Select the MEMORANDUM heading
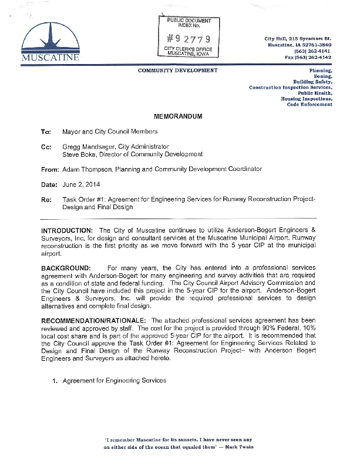pos(178,116)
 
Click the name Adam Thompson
pos(83,169)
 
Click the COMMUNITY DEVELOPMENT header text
pos(177,70)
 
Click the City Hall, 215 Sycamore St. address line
pos(298,38)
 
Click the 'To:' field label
pos(46,132)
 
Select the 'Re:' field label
pos(46,200)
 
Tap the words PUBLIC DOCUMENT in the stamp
pos(189,21)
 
